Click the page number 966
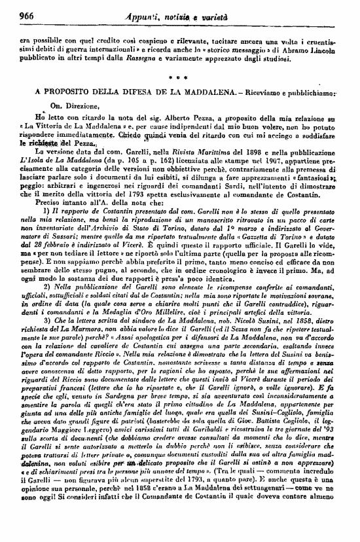pyautogui.click(x=26, y=14)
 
